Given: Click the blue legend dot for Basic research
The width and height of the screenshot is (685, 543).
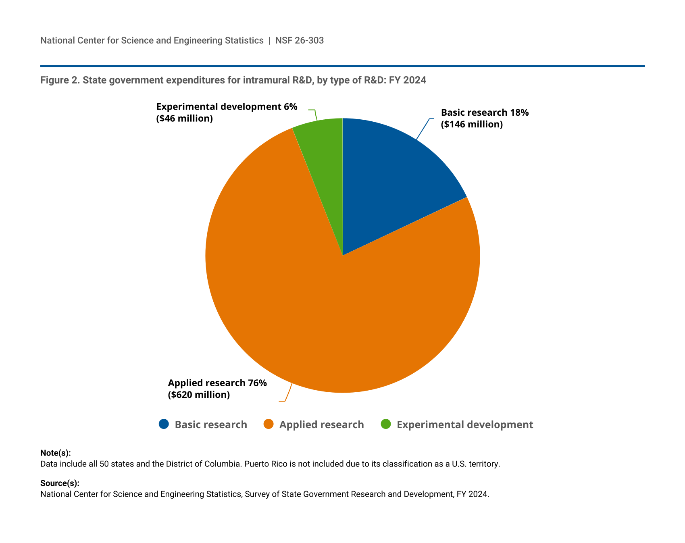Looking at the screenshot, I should (164, 424).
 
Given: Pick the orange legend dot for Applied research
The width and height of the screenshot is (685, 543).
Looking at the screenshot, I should (269, 424).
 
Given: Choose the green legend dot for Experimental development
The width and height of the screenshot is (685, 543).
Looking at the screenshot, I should (386, 424).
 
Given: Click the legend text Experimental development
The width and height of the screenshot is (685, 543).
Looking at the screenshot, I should (465, 424).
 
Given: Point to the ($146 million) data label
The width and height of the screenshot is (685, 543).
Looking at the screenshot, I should (472, 124).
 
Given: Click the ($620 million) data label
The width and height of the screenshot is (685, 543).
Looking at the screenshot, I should (199, 395).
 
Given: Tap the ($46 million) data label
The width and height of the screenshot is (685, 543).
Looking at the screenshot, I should (184, 119).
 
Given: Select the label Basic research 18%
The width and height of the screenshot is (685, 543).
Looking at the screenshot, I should (485, 112).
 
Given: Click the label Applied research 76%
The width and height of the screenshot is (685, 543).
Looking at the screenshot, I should (217, 383).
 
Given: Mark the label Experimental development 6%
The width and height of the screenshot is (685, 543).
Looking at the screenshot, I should (227, 107).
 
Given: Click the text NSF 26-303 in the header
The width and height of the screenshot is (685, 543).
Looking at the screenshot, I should (300, 40).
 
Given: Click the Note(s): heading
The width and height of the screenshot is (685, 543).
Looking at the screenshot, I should (56, 453).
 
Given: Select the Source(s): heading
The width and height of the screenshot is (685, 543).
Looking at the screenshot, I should (60, 483).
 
